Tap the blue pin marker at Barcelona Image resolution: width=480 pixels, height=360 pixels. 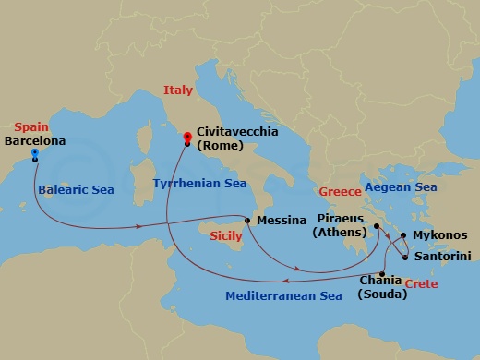pos(34,152)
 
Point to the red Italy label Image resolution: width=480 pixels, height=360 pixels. pos(178,90)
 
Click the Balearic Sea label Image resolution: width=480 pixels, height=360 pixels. pos(77,191)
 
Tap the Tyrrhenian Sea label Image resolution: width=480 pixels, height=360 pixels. pos(199,184)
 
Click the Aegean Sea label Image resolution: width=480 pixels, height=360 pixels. pos(401,187)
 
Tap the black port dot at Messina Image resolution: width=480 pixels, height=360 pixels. pos(247,220)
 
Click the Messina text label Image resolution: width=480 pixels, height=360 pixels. pos(282,221)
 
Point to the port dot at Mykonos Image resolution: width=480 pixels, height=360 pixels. pos(403,235)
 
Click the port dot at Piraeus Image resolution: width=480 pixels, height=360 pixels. pos(378,224)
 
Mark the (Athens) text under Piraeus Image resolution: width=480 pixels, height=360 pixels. pos(339,233)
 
